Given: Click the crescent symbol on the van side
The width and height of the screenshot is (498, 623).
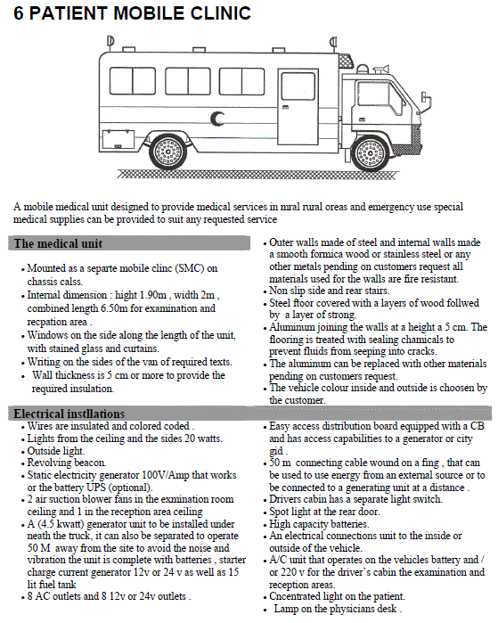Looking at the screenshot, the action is tap(216, 119).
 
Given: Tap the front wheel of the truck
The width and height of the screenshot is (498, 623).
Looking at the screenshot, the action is tap(370, 153).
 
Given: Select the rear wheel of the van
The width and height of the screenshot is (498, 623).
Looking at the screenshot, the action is tap(167, 152).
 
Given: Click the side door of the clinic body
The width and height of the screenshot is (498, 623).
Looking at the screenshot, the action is tap(298, 107).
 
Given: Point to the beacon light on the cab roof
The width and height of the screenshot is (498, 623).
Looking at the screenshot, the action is tap(362, 68).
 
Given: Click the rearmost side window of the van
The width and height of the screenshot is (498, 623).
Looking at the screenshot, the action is tap(132, 81).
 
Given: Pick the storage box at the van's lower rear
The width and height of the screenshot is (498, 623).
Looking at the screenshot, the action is tap(118, 139).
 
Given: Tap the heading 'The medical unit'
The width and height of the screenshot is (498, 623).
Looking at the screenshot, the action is tap(59, 243).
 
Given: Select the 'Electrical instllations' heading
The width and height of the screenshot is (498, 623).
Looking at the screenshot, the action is tap(69, 414).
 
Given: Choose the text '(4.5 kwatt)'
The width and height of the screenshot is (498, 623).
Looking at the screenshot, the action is tap(61, 524).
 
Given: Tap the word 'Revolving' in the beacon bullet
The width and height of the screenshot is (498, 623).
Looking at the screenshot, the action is tap(47, 463).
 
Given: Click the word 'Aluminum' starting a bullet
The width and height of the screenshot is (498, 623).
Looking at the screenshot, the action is tap(290, 327).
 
